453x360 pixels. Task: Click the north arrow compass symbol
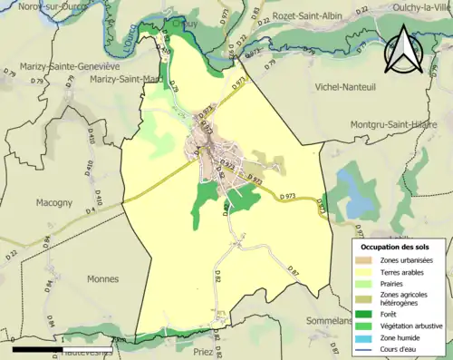404,48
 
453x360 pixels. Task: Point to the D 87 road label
293,271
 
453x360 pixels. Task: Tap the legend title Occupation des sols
396,247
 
